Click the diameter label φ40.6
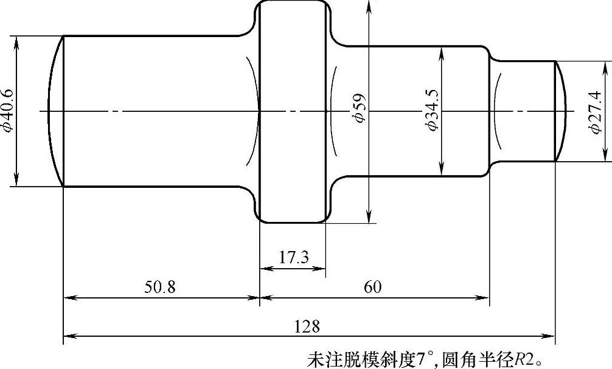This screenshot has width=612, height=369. (x=7, y=111)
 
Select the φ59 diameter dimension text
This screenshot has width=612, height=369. (x=360, y=109)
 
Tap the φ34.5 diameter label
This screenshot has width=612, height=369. (x=433, y=110)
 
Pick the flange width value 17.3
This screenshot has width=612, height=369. (x=294, y=257)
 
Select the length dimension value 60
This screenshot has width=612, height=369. (x=373, y=287)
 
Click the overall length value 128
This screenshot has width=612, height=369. (x=307, y=326)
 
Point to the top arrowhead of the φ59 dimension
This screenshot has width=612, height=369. (x=368, y=5)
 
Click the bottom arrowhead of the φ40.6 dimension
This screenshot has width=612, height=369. (x=16, y=182)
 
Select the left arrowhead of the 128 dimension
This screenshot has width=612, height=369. (x=68, y=335)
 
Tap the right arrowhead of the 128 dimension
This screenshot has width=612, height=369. (x=550, y=335)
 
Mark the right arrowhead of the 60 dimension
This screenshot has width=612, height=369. (x=485, y=298)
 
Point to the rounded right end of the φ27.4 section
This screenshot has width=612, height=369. (x=561, y=111)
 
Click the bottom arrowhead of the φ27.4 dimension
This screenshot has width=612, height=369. (x=605, y=157)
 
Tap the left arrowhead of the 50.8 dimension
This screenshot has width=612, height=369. (x=69, y=298)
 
